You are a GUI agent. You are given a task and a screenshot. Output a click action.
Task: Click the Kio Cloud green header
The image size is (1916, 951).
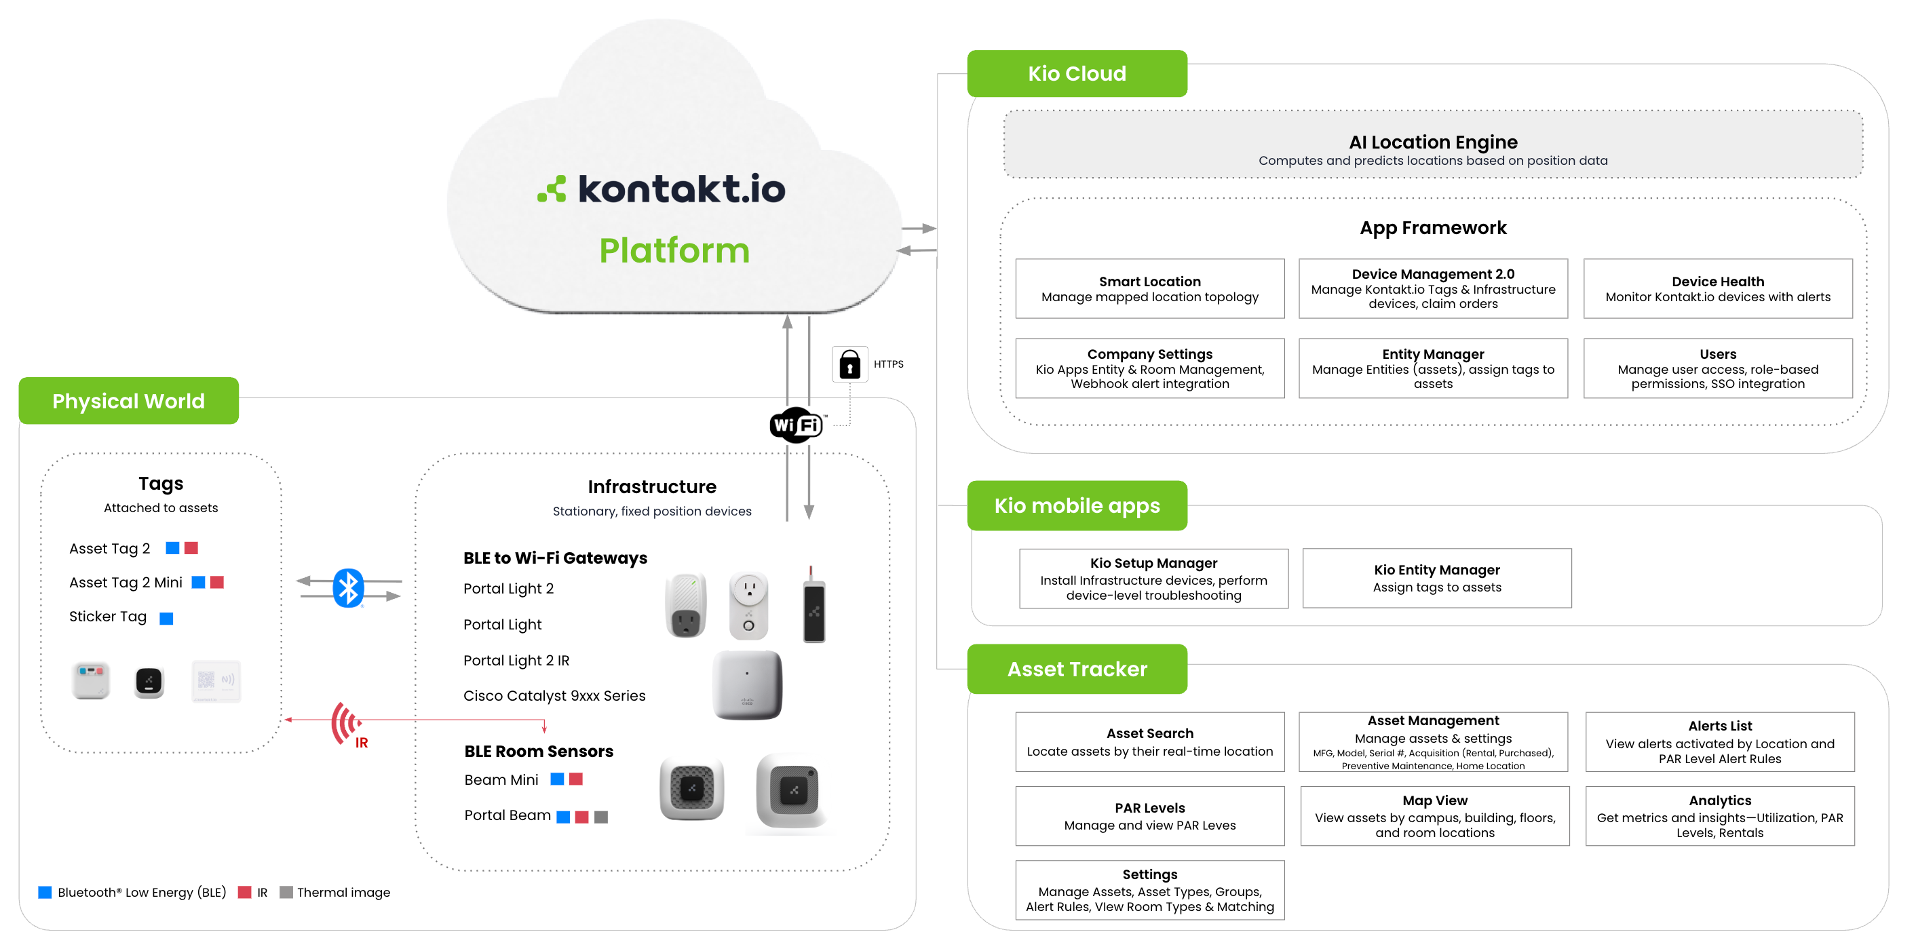[x=1076, y=74]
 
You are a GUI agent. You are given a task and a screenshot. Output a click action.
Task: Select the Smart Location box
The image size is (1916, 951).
[x=1149, y=288]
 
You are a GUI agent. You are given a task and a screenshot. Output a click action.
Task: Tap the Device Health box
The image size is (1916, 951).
[x=1717, y=288]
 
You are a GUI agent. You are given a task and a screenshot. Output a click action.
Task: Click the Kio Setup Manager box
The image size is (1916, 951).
[x=1153, y=579]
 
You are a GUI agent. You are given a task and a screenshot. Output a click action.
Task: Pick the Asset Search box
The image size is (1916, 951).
[x=1149, y=741]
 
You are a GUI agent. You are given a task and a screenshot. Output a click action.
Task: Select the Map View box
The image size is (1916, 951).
[x=1434, y=815]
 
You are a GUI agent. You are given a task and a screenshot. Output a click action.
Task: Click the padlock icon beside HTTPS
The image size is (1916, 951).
[x=849, y=364]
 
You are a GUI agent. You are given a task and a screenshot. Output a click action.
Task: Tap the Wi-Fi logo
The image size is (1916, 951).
[x=796, y=425]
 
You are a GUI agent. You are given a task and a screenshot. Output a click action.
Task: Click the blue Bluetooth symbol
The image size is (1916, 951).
[x=348, y=588]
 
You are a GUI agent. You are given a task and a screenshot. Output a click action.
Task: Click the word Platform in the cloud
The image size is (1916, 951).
[x=674, y=250]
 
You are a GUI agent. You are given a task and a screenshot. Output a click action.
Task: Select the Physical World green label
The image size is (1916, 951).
[x=129, y=401]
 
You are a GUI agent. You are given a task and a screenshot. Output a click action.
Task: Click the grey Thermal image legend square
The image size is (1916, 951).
[x=286, y=892]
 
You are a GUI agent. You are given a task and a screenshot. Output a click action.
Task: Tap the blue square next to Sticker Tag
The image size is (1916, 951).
[x=167, y=618]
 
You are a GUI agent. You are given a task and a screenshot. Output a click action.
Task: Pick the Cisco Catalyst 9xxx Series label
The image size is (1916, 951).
[x=554, y=695]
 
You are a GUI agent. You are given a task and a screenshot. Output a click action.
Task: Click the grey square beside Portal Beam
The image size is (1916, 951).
[x=601, y=817]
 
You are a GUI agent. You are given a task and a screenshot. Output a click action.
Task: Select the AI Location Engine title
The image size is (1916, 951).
[x=1432, y=142]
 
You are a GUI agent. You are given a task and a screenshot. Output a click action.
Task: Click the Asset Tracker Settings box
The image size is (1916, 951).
[x=1149, y=890]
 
